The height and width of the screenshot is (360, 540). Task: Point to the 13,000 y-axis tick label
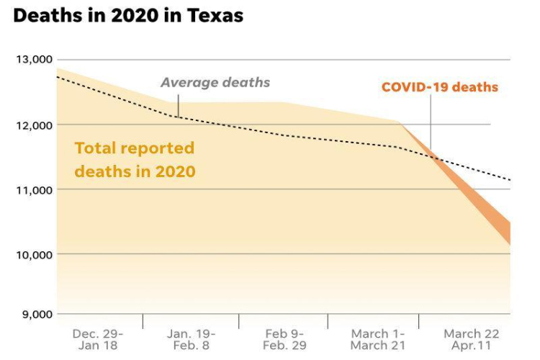coord(33,59)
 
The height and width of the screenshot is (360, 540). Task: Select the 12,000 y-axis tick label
coord(33,125)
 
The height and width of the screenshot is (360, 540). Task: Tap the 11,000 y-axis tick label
coord(33,189)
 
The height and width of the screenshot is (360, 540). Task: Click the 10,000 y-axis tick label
coord(33,254)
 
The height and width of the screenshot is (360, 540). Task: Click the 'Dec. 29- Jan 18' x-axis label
coord(98,339)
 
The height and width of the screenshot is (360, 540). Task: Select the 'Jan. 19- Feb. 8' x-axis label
coord(191,339)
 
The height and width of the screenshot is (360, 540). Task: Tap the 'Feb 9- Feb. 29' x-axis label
coord(284,339)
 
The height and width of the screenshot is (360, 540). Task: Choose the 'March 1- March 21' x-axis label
coord(377,339)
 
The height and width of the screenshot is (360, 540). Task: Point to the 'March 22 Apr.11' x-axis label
coord(471,339)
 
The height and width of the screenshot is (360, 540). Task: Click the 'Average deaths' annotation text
coord(215,82)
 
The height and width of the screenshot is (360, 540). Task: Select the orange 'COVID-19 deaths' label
coord(439,87)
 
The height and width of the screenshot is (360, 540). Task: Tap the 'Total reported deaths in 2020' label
coord(135,160)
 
